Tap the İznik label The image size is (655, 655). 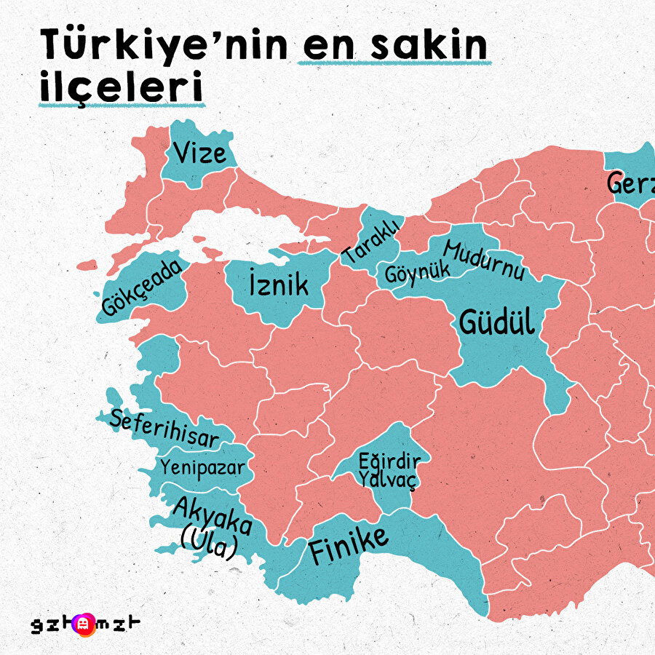click(278, 285)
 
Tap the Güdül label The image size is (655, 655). click(496, 322)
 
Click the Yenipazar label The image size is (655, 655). click(203, 466)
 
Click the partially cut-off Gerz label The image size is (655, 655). click(630, 183)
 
